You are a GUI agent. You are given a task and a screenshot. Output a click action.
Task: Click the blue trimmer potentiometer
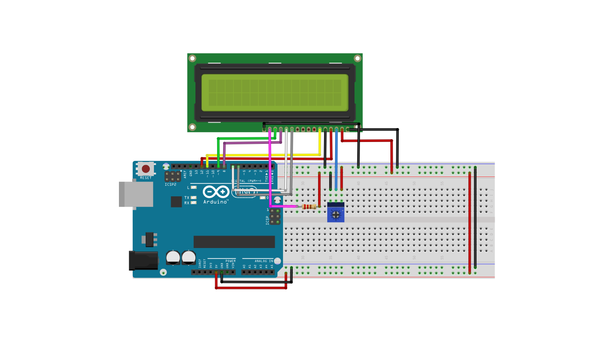pyautogui.click(x=336, y=212)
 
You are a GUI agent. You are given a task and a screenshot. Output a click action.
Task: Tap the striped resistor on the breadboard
pyautogui.click(x=309, y=207)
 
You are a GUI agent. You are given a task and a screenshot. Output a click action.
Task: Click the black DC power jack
pyautogui.click(x=143, y=260)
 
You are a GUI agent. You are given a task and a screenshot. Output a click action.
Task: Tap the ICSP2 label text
pyautogui.click(x=170, y=184)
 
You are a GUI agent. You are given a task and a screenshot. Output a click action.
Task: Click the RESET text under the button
pyautogui.click(x=146, y=177)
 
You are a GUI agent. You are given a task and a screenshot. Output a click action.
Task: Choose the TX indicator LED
pyautogui.click(x=194, y=197)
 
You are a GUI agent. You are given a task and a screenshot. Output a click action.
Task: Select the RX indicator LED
pyautogui.click(x=194, y=203)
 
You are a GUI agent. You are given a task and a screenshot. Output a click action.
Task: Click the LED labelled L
pyautogui.click(x=194, y=188)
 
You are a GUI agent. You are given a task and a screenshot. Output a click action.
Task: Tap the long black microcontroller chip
pyautogui.click(x=234, y=242)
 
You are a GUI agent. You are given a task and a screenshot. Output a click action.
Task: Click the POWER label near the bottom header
pyautogui.click(x=230, y=261)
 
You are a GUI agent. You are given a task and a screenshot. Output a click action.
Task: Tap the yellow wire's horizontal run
pyautogui.click(x=263, y=155)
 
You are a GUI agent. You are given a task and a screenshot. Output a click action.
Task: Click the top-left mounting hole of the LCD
pyautogui.click(x=192, y=59)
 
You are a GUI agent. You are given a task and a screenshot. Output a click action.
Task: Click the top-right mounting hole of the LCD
pyautogui.click(x=357, y=59)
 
